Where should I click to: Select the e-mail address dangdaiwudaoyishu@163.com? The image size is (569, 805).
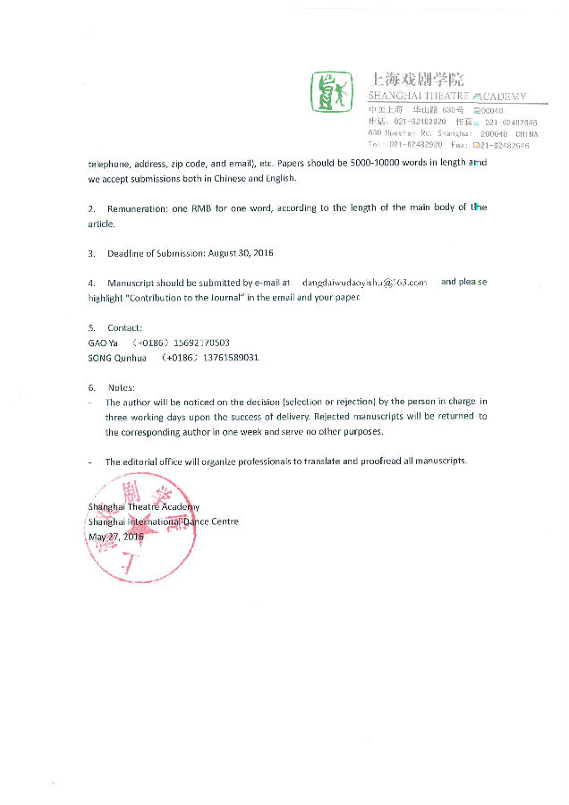pos(364,282)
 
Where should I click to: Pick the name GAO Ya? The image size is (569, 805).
pos(103,343)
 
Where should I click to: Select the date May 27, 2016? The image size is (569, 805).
pos(115,537)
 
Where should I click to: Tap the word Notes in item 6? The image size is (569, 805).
pos(121,387)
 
